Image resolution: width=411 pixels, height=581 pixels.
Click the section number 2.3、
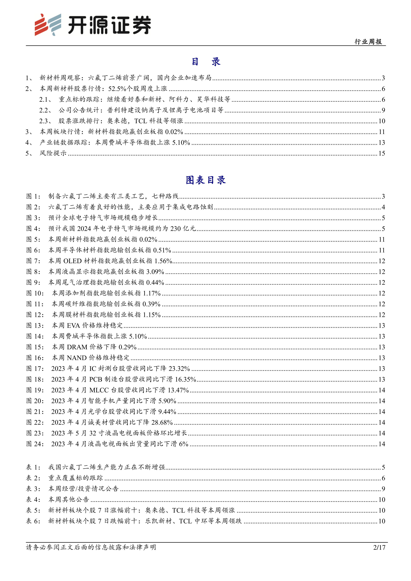[46, 121]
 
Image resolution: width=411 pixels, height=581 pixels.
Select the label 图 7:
[33, 261]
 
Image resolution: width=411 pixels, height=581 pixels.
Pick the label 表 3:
[33, 489]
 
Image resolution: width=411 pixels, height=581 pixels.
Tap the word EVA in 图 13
[73, 325]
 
